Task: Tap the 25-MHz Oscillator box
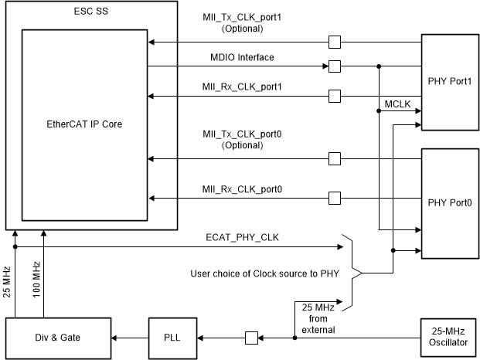click(x=448, y=337)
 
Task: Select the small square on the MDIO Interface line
click(x=334, y=66)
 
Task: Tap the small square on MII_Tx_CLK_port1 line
click(x=334, y=41)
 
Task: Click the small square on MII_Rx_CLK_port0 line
click(x=334, y=198)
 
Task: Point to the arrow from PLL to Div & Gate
click(x=127, y=337)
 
